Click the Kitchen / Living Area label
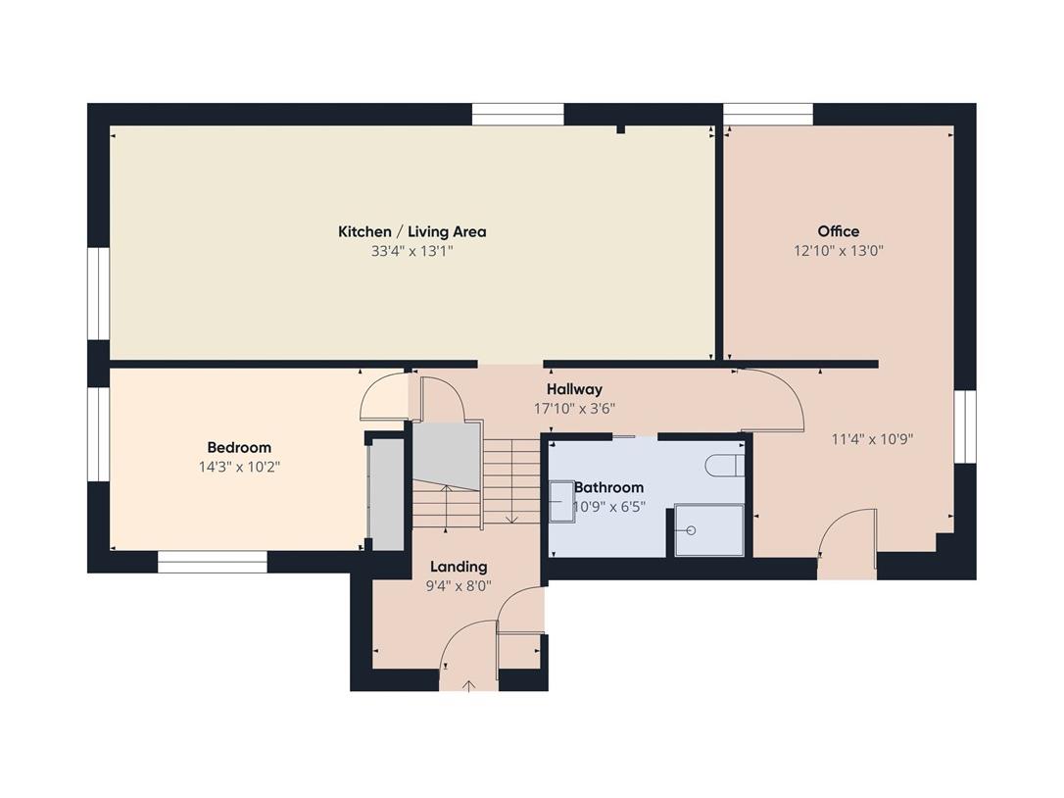pos(411,231)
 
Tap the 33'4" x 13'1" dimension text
pos(411,251)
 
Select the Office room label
pos(838,231)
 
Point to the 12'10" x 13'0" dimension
pos(839,251)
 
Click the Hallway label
pos(574,389)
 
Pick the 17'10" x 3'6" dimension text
pos(574,409)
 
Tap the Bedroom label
pos(239,448)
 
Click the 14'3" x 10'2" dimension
pos(239,468)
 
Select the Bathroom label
pos(608,487)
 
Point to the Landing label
pos(459,567)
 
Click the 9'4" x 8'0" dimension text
pos(459,586)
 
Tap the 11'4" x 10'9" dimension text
pos(872,439)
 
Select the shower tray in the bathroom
pos(709,530)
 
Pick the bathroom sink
pos(561,501)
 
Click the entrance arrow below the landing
pos(468,686)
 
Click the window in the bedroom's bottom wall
pos(213,562)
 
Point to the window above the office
pos(767,114)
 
